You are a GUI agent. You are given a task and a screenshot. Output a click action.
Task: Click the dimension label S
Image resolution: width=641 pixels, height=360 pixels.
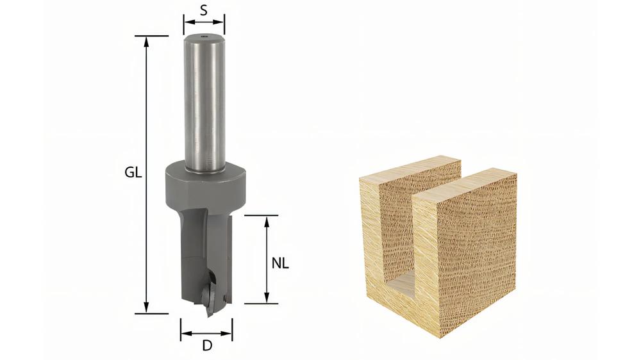[204, 11]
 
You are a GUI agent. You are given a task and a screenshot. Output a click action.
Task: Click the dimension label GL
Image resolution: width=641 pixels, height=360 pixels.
[133, 173]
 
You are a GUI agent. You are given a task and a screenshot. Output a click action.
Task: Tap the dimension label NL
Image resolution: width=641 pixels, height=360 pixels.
[280, 263]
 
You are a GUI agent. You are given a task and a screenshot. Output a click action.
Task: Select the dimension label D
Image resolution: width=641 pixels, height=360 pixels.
[207, 346]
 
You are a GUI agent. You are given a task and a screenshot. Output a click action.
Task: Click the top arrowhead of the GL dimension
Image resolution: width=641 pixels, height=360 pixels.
[146, 40]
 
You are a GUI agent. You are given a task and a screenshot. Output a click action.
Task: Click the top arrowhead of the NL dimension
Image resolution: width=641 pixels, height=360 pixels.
[267, 220]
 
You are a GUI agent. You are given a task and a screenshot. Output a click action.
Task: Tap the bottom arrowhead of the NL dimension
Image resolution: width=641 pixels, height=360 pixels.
[267, 299]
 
